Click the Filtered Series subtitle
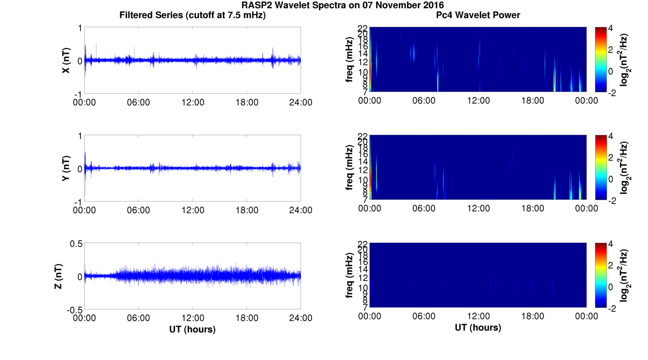click(192, 15)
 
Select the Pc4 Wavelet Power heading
click(478, 15)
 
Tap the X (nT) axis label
click(66, 60)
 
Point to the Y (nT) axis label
click(66, 168)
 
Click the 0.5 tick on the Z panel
click(76, 244)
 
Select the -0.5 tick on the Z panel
click(74, 309)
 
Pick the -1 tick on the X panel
click(78, 94)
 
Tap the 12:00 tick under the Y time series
click(193, 210)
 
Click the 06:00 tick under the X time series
click(138, 102)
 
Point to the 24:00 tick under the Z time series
click(301, 318)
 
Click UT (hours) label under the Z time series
click(192, 329)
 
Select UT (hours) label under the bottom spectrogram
click(478, 328)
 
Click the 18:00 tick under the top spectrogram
click(533, 101)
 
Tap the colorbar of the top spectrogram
click(600, 59)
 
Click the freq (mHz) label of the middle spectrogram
click(350, 168)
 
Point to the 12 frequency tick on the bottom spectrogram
click(364, 277)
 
